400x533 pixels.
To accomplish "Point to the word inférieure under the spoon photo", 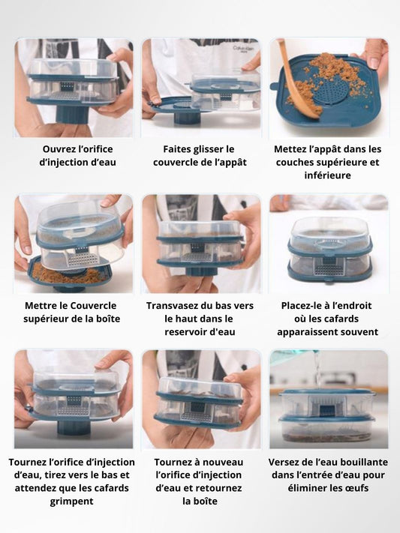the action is (x=327, y=175).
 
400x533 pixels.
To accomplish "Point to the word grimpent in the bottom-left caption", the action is (x=71, y=502).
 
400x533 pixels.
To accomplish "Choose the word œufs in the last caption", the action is (x=357, y=488).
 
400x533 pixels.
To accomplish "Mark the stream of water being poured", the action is (x=317, y=370).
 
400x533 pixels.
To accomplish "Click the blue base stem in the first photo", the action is (x=71, y=115).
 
